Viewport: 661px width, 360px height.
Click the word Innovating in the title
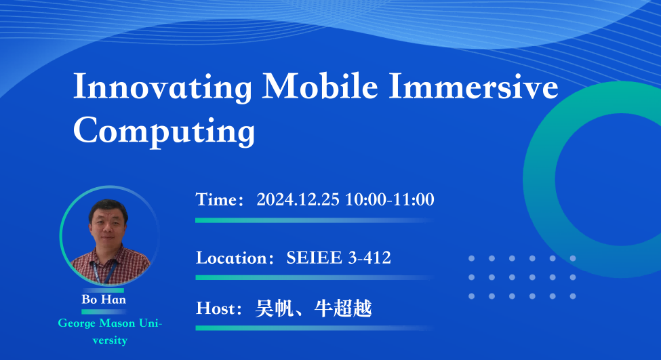(163, 87)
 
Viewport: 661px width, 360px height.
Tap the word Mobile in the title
(320, 86)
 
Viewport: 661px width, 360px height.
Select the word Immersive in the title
(473, 86)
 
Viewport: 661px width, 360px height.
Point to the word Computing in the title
(164, 131)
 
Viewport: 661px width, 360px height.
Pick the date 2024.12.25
(298, 199)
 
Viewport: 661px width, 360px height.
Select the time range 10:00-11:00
(390, 199)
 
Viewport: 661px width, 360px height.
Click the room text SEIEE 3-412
(338, 258)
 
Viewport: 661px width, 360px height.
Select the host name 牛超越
(343, 308)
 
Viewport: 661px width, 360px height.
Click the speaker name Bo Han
(104, 299)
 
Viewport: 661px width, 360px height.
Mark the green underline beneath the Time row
(314, 220)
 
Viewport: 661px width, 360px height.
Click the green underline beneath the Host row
(314, 328)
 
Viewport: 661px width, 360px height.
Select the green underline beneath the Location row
(314, 277)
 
